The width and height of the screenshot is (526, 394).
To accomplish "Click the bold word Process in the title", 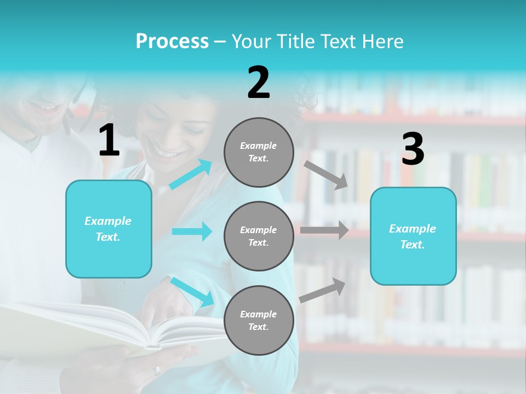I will click(172, 41).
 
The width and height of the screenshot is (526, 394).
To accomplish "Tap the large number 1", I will click(109, 141).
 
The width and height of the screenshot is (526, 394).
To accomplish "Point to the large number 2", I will click(259, 83).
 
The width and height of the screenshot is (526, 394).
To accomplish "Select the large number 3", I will click(413, 149).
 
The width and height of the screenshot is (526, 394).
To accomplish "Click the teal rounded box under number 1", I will click(108, 229).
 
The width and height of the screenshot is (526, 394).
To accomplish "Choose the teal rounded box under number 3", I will click(413, 236).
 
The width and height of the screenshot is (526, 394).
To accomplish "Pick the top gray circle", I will click(259, 152).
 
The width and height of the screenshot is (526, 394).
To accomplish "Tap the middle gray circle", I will click(259, 236).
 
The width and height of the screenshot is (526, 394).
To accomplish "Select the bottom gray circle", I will click(259, 320).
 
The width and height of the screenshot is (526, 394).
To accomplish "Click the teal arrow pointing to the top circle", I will click(191, 175).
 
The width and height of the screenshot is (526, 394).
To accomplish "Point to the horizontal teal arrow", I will click(192, 231).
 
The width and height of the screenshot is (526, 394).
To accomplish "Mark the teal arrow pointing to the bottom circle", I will click(192, 292).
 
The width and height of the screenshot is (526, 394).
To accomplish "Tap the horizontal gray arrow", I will click(324, 230).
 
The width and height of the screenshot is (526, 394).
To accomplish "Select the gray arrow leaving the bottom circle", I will click(323, 290).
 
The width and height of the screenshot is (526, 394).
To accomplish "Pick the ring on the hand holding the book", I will click(158, 370).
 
